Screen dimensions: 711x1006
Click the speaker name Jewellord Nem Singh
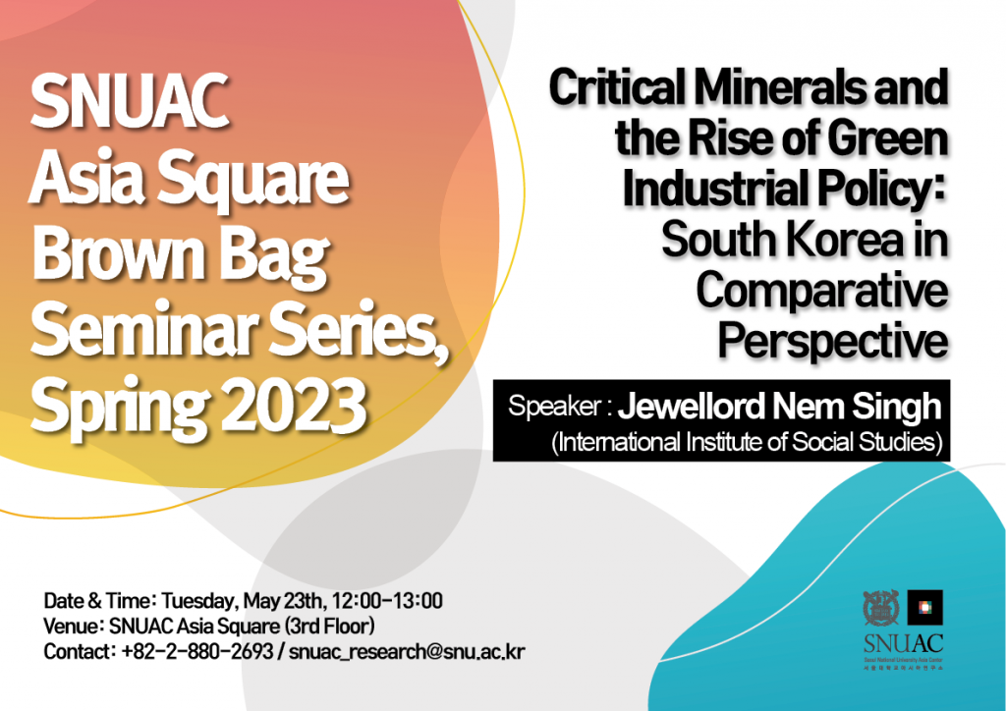click(x=779, y=406)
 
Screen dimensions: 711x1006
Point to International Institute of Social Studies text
click(x=749, y=442)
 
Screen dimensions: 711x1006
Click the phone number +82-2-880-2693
click(x=196, y=652)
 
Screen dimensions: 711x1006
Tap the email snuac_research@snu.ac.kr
click(x=407, y=652)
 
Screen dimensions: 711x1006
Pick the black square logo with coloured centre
click(x=924, y=607)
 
